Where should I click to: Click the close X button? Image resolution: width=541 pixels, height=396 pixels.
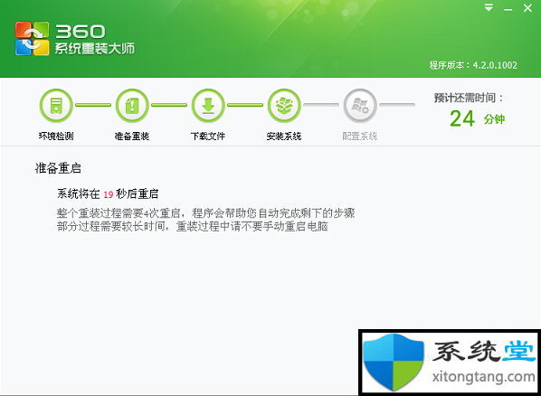pos(527,7)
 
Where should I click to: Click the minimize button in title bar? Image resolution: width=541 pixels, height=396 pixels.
pos(508,10)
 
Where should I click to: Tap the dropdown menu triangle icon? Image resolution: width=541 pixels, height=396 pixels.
pos(489,7)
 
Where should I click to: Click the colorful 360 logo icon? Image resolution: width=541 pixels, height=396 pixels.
pos(32,38)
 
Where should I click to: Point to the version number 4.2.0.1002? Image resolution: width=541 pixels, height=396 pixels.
pos(495,65)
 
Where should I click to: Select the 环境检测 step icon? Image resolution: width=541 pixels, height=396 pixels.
pos(56,106)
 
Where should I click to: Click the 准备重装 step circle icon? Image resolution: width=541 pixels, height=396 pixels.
pos(132,106)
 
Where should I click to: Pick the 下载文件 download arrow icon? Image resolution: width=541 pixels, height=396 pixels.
pos(208,106)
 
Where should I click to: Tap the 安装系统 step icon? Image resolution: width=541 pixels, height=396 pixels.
pos(284,106)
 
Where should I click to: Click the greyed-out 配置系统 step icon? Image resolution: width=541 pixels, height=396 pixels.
pos(360,106)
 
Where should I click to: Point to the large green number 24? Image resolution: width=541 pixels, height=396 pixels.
pos(462,119)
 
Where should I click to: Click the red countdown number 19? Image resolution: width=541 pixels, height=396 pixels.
pos(109,194)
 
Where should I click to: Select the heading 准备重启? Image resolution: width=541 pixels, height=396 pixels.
pos(58,168)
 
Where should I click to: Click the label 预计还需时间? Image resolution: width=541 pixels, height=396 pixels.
pos(465,98)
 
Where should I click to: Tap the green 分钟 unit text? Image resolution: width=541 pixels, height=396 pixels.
pos(494,119)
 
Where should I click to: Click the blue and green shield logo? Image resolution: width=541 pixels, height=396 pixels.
pos(394,362)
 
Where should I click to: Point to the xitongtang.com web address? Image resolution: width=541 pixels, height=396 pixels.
pos(483,377)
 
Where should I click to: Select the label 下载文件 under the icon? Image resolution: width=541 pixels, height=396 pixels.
pos(208,137)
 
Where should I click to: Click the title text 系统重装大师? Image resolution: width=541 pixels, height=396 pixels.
pos(94,49)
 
